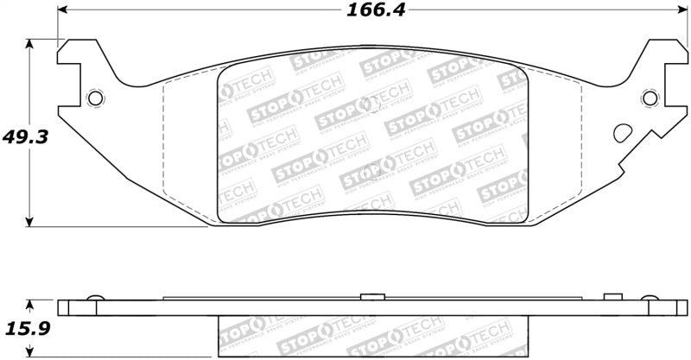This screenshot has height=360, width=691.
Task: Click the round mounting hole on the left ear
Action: [96, 98]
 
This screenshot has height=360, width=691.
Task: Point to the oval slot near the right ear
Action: [622, 134]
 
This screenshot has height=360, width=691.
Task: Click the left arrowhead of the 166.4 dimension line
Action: [62, 11]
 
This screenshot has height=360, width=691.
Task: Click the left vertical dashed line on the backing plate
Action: [164, 138]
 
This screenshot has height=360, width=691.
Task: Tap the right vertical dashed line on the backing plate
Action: [578, 138]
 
